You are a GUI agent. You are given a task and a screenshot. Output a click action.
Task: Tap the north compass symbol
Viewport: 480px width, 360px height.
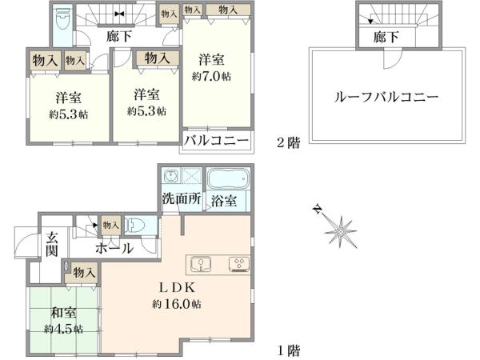339,230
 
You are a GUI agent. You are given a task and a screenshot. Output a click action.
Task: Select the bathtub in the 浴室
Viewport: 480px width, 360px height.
229,178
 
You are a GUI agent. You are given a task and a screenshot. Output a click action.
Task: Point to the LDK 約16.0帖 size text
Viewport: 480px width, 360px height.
176,305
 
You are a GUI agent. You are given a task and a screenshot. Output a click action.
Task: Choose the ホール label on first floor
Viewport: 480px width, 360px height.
114,249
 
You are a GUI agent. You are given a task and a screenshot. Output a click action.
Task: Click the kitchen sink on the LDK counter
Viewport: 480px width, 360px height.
200,263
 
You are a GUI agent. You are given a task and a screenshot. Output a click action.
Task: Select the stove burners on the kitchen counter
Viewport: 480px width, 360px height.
238,263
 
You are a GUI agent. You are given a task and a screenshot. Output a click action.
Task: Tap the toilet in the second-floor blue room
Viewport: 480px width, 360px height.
62,18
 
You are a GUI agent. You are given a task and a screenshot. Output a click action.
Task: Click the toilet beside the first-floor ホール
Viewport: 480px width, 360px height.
136,226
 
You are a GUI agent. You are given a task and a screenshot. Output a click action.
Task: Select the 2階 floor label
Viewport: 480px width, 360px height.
287,144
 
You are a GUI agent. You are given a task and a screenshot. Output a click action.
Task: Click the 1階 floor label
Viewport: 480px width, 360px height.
287,350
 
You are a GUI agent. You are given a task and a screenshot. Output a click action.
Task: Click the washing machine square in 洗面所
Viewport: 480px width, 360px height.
193,178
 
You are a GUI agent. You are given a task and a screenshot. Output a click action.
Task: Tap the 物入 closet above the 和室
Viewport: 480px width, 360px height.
84,273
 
